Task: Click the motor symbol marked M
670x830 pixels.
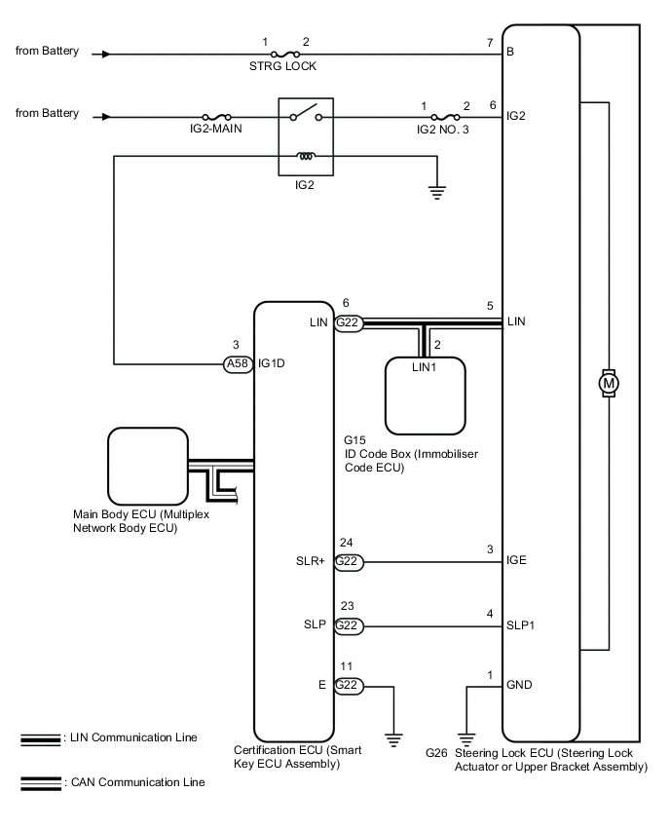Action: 608,383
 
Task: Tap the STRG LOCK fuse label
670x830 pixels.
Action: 282,66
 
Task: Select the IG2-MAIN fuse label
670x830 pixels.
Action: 216,129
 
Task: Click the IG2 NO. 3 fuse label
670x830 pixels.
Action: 442,130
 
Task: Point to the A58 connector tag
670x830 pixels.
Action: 238,363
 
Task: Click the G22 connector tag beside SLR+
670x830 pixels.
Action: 348,562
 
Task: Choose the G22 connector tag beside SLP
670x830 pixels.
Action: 348,625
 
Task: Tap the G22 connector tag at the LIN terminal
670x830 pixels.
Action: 348,322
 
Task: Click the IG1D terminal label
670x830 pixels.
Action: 272,363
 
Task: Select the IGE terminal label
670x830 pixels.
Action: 516,560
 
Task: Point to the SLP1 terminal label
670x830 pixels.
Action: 520,625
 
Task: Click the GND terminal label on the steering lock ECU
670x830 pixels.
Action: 519,685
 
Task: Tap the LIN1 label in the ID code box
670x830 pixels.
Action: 424,367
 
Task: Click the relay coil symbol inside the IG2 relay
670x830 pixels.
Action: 306,156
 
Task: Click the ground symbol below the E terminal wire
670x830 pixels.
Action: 393,739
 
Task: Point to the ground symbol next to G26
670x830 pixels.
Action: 466,739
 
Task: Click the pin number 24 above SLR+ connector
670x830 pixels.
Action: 346,543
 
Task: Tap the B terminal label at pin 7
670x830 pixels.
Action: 510,52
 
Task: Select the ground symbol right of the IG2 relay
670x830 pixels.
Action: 436,193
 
